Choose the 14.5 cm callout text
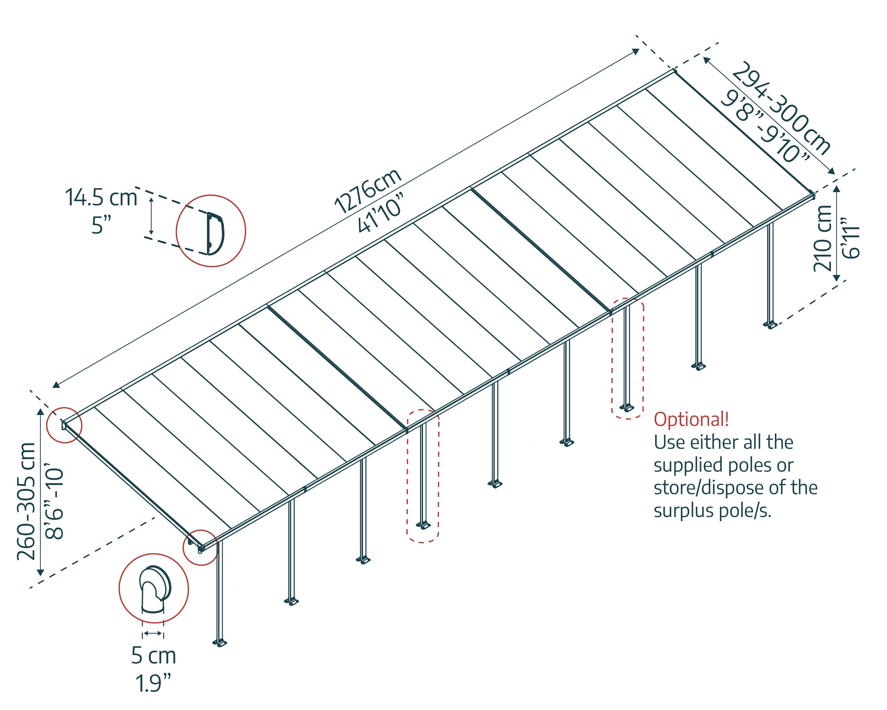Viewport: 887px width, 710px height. point(101,197)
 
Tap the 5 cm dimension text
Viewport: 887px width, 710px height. point(153,656)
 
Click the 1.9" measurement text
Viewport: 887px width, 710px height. point(153,684)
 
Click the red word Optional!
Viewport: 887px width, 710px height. point(691,419)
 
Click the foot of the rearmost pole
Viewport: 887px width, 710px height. point(770,326)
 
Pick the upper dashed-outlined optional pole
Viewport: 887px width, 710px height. point(627,358)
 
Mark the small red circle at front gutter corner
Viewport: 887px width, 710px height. point(200,547)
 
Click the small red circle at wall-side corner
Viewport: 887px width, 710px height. point(64,425)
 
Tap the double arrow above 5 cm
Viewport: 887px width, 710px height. point(153,633)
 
